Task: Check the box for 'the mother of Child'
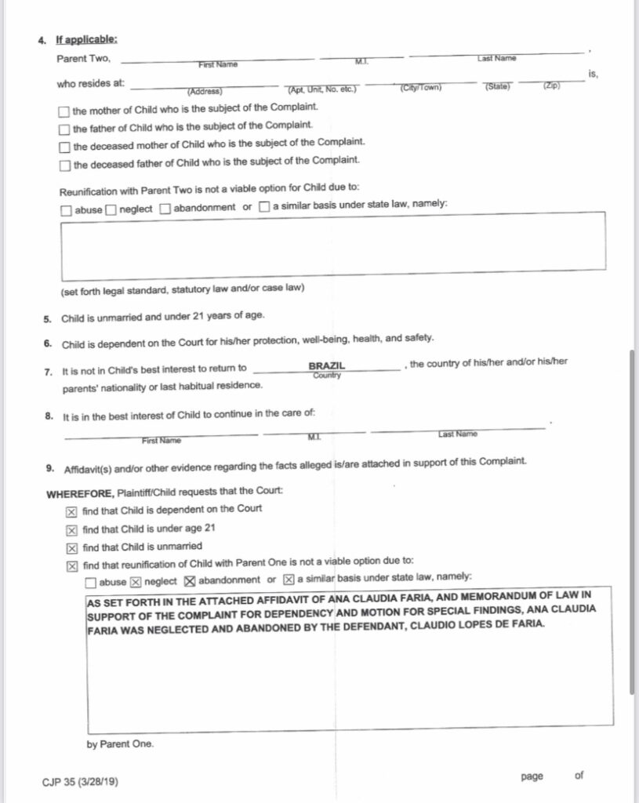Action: point(64,107)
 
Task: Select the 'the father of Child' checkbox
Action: point(64,126)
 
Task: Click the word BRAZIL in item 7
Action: point(326,365)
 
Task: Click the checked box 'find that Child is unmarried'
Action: point(72,547)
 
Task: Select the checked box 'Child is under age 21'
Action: point(72,529)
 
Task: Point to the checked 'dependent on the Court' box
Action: point(72,510)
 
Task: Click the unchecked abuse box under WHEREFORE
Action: point(91,581)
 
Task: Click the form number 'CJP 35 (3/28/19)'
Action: point(81,782)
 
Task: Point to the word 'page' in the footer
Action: point(531,776)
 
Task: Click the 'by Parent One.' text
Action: point(120,744)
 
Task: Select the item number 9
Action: point(49,468)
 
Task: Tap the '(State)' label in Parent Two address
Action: point(497,86)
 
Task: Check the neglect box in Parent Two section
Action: point(111,209)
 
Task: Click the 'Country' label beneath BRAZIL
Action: point(326,376)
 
